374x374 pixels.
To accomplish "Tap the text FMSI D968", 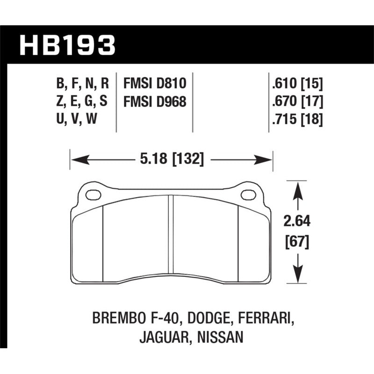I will [155, 101].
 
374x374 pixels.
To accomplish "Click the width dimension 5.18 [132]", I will [172, 160].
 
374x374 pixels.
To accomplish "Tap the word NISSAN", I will [221, 338].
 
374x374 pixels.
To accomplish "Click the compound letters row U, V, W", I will [77, 119].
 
